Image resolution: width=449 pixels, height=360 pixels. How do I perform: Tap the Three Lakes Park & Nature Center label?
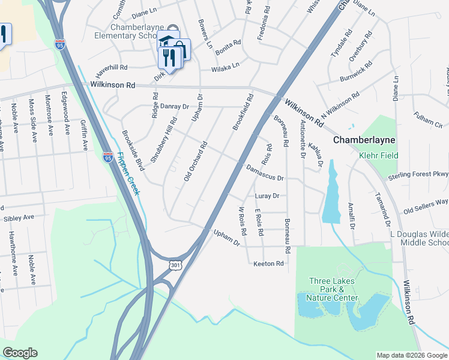[x=332, y=289]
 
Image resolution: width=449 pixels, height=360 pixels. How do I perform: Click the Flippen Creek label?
[x=128, y=173]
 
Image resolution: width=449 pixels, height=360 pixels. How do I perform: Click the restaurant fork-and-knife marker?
[x=169, y=58]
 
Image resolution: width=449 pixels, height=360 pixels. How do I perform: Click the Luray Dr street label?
[x=267, y=196]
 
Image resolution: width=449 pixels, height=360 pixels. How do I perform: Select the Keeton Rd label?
[x=268, y=263]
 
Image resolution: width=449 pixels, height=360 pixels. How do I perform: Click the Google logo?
[x=20, y=353]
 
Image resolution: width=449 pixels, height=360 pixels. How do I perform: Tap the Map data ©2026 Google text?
[x=412, y=355]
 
